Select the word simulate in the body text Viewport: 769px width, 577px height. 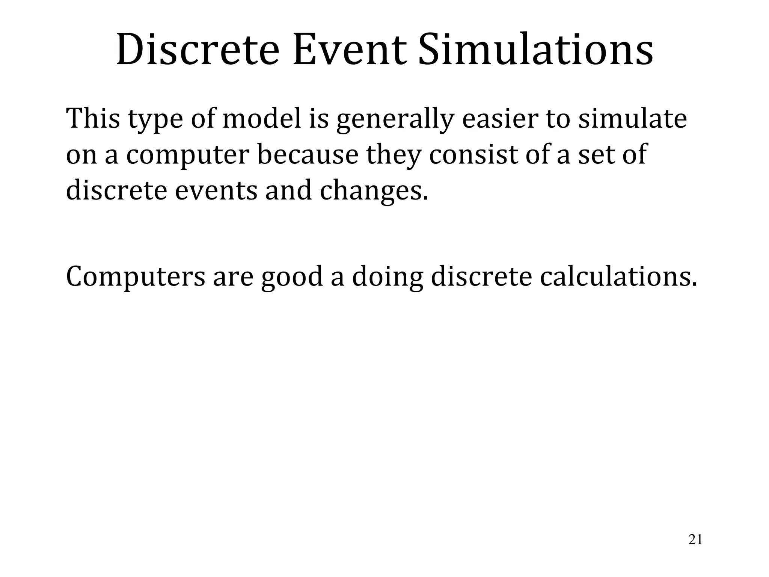click(x=632, y=118)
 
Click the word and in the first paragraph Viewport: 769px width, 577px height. click(x=289, y=190)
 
